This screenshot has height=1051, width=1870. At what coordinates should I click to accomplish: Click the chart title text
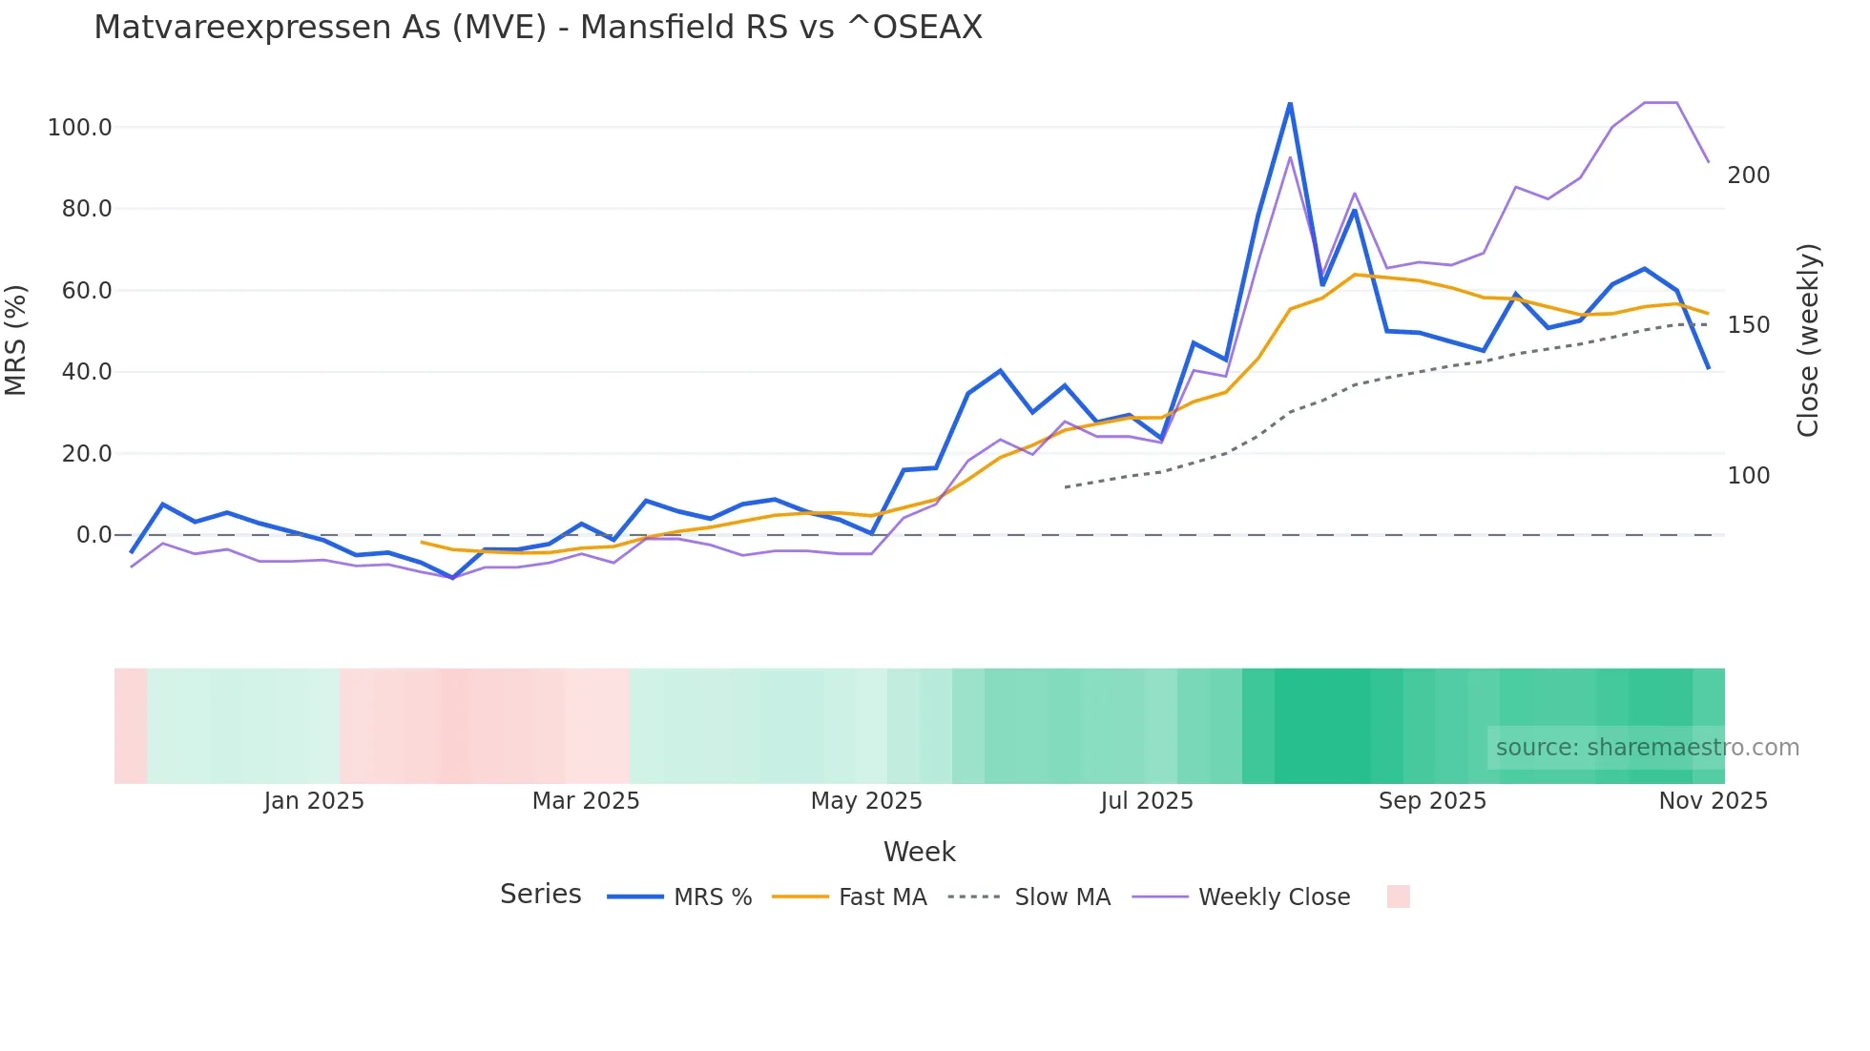click(x=538, y=28)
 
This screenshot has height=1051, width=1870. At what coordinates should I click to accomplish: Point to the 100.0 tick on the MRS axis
click(x=80, y=128)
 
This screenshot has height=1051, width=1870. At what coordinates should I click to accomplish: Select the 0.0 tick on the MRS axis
click(x=93, y=535)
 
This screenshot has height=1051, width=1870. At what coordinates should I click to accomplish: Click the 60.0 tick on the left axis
click(x=87, y=291)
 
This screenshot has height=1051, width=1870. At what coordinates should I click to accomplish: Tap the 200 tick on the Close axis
click(x=1749, y=175)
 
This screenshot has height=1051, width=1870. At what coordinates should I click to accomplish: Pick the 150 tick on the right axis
click(x=1749, y=325)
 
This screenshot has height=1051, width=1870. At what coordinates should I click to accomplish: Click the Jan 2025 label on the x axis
click(x=314, y=801)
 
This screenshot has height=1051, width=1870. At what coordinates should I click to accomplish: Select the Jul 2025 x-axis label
click(x=1147, y=801)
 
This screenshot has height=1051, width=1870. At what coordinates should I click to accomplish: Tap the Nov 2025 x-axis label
click(x=1713, y=801)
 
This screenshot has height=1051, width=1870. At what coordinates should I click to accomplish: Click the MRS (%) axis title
click(x=16, y=340)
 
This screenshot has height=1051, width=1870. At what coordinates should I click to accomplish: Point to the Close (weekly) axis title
click(x=1808, y=340)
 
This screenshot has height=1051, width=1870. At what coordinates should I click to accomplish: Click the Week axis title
click(x=919, y=852)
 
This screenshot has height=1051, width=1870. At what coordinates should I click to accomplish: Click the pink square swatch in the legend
click(x=1398, y=896)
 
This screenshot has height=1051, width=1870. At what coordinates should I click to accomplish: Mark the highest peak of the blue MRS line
click(x=1290, y=103)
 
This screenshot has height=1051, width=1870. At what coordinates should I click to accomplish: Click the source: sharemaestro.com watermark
click(x=1647, y=748)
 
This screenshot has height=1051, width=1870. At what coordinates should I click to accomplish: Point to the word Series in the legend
click(x=540, y=895)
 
